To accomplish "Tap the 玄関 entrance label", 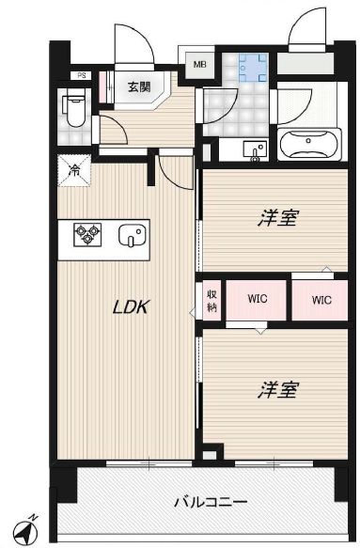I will (139, 86).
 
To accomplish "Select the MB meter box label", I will (200, 65).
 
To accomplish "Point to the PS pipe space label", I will (83, 76).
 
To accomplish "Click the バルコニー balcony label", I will (211, 503).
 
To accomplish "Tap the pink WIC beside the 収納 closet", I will (258, 300).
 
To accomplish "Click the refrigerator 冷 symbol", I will (72, 170).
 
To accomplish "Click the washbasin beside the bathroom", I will (255, 149).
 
